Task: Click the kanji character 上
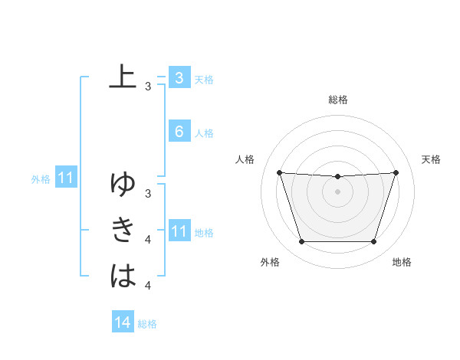coord(123,77)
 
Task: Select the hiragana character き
coord(123,230)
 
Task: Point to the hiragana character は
coord(123,275)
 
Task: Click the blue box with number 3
coord(179,77)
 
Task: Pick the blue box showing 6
coord(179,132)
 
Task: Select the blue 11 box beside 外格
coord(66,178)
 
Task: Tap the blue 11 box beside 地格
coord(179,231)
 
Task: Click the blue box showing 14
coord(123,322)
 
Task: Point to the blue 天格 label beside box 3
coord(204,79)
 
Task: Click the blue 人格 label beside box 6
coord(204,133)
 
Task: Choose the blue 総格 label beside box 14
coord(147,324)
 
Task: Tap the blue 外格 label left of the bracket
coord(41,180)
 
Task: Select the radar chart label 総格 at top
coord(338,100)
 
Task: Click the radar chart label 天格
coord(432,159)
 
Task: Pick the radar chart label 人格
coord(245,159)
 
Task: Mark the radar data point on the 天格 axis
coord(396,172)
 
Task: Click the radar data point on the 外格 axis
coord(301,242)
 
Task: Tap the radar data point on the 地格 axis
coord(374,242)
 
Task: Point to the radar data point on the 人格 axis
coord(279,172)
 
